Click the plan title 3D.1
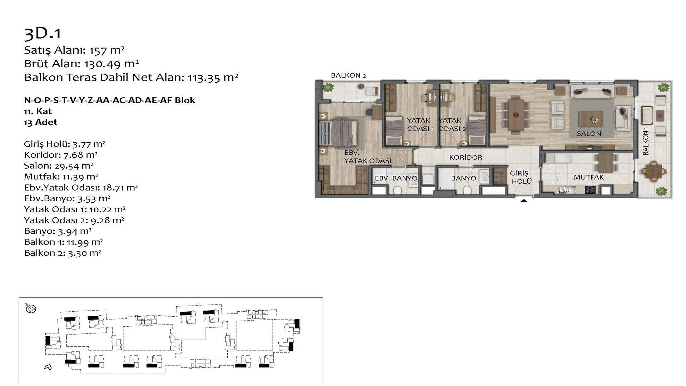coord(43,34)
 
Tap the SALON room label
coord(589,134)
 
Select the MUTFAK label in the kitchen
coord(589,177)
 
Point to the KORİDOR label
coord(466,157)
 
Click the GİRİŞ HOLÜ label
coord(521,177)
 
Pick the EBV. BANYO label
coord(396,178)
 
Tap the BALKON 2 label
coord(348,75)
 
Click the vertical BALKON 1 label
coord(646,143)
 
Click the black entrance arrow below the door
coord(523,201)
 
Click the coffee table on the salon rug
coord(591,119)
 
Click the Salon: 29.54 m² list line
coord(59,166)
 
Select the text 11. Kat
coord(38,111)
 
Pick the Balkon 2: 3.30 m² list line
coord(63,253)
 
